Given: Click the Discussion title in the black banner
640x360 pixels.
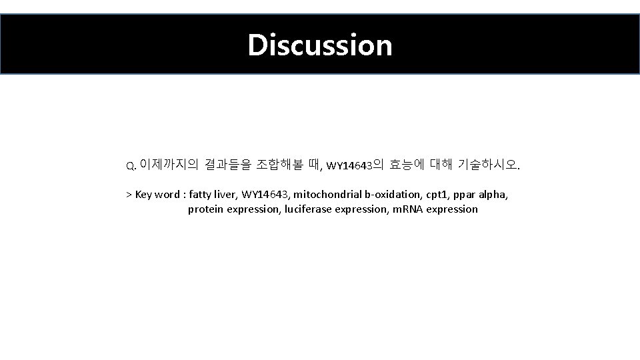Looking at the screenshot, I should click(320, 45).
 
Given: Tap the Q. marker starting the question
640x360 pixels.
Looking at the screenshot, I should click(131, 165).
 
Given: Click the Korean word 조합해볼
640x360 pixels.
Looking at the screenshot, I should click(279, 163).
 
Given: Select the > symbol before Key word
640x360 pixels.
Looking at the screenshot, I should click(129, 195).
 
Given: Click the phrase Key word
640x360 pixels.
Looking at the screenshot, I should click(157, 195).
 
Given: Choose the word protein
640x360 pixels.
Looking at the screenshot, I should click(206, 209).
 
